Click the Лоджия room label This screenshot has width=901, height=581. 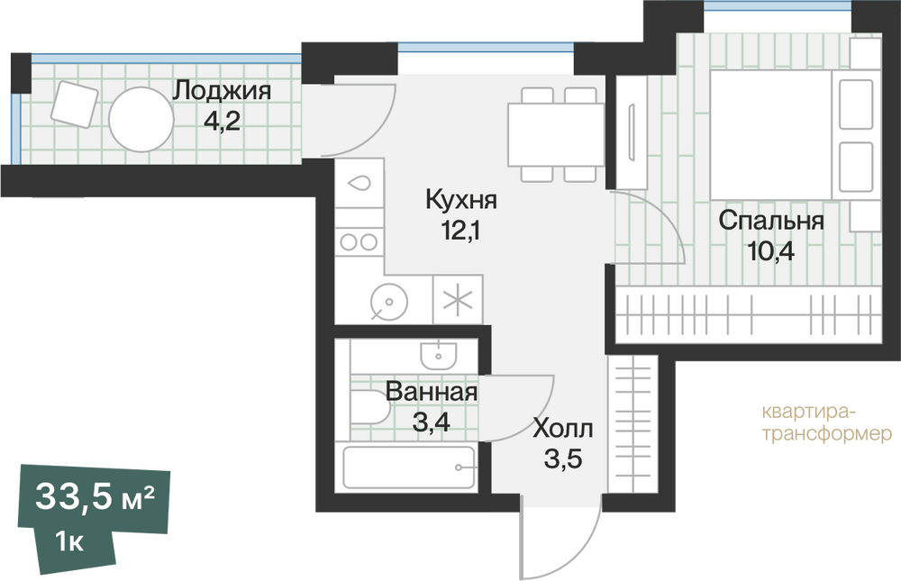click(x=222, y=91)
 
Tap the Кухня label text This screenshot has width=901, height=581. click(x=461, y=200)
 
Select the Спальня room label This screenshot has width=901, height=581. click(x=771, y=221)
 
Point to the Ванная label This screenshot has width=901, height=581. click(x=431, y=392)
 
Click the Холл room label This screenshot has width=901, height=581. click(x=563, y=429)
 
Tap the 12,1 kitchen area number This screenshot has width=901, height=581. click(x=460, y=231)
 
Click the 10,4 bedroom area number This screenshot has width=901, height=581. click(x=770, y=251)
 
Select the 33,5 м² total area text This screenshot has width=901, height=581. click(x=95, y=497)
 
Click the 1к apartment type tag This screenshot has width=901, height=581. click(x=69, y=542)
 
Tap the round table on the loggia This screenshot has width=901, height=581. click(x=141, y=120)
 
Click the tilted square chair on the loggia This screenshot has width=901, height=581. click(x=74, y=104)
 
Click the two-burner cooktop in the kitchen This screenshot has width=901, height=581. click(x=359, y=241)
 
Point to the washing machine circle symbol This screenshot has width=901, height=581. click(x=389, y=302)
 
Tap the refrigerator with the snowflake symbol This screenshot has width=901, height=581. click(x=458, y=299)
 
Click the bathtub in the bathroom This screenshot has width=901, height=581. click(x=409, y=468)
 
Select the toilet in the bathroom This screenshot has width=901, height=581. click(x=369, y=407)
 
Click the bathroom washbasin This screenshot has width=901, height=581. click(x=439, y=355)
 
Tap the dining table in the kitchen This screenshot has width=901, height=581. click(x=556, y=135)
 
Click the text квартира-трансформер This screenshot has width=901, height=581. click(x=827, y=423)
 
